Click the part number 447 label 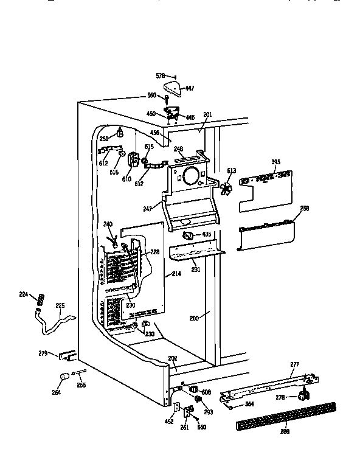(x=190, y=89)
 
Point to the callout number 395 (x=275, y=162)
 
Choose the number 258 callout (x=305, y=208)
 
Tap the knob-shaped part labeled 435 (x=187, y=235)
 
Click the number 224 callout (x=23, y=294)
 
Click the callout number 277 (x=294, y=364)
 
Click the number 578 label (x=161, y=75)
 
